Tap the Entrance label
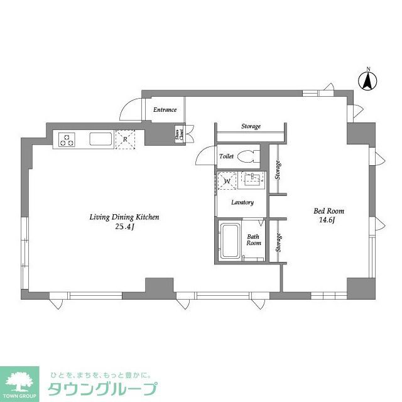(165, 110)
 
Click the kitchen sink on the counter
(100, 139)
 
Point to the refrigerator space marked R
(126, 139)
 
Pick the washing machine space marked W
(227, 180)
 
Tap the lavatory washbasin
(254, 180)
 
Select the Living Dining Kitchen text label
(123, 217)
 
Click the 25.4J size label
(124, 228)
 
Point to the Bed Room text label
(329, 211)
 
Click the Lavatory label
(242, 202)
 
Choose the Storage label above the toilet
(251, 127)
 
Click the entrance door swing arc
(131, 108)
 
